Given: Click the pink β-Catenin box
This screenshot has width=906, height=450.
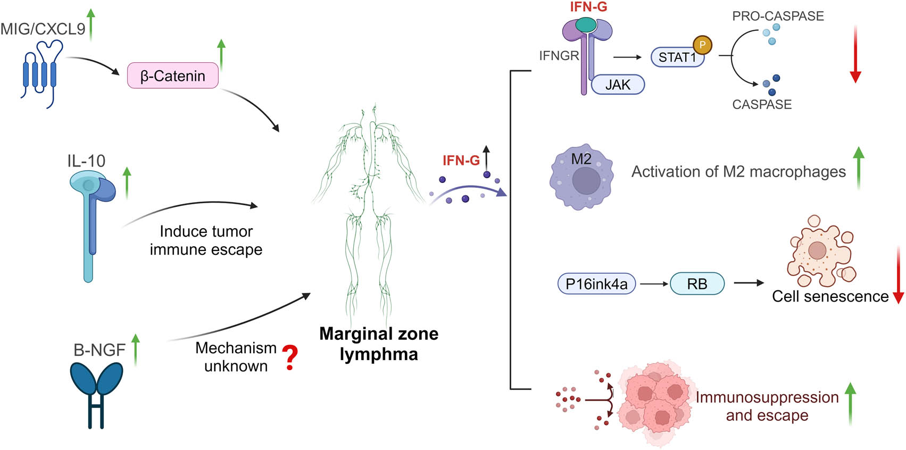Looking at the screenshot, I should coord(172,76).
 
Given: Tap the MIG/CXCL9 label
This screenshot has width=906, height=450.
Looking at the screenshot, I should coord(43,29).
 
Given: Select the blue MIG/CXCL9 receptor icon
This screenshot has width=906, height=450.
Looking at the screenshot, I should coord(40,73).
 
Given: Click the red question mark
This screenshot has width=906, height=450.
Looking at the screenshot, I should coord(290,357).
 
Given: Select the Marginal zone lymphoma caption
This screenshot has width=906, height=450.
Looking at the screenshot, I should coord(379,344).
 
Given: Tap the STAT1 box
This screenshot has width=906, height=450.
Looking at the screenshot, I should coord(677,57).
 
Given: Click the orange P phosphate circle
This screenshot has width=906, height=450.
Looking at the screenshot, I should coord(702,45).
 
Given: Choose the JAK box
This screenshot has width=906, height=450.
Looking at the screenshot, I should coord(618,85).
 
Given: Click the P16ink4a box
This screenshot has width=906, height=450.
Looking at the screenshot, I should coord(596,284).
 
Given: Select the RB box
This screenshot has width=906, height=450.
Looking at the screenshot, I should coord(697,284).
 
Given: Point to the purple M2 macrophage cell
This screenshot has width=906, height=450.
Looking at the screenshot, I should coord(581,177).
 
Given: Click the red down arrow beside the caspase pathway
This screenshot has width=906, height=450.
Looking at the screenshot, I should coord(855,53).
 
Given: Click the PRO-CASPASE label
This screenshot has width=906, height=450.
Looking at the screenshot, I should coord(778,16).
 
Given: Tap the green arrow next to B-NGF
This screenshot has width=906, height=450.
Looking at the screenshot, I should coord(136,349).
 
